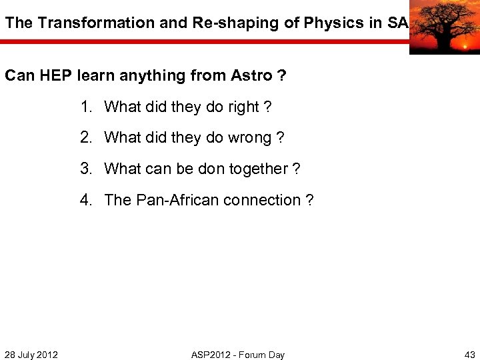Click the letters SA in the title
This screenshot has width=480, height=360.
397,23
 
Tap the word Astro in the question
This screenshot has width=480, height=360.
251,75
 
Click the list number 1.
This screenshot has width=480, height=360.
85,107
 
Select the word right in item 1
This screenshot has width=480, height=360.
240,107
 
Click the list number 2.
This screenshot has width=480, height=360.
85,138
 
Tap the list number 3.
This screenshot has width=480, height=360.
85,169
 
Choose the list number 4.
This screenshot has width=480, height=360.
85,200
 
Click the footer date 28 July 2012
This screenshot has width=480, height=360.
31,355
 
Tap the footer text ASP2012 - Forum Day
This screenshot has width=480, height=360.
238,355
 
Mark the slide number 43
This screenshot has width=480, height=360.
469,355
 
